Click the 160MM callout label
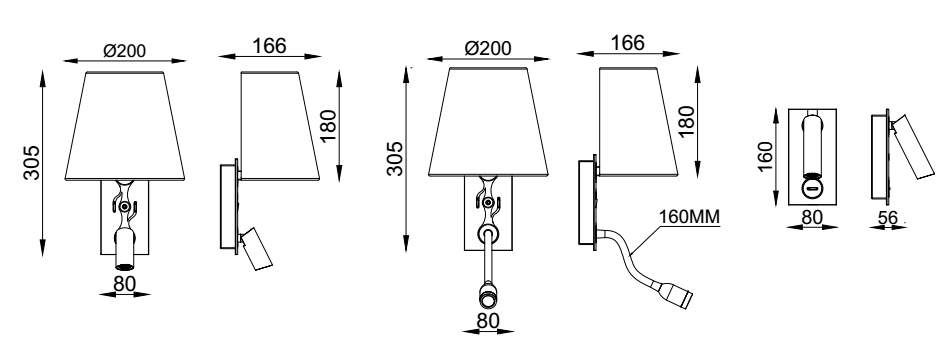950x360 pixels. [689, 216]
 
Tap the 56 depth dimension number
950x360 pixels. [887, 217]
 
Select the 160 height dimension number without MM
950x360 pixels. [766, 156]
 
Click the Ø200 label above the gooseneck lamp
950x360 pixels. [488, 48]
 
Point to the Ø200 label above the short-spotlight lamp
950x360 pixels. [124, 51]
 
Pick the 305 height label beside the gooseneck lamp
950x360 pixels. [395, 158]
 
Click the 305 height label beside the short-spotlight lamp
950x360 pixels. [32, 162]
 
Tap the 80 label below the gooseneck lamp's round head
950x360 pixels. [488, 321]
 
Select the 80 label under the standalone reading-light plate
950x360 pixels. [812, 217]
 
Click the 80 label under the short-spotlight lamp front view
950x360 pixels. [124, 283]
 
